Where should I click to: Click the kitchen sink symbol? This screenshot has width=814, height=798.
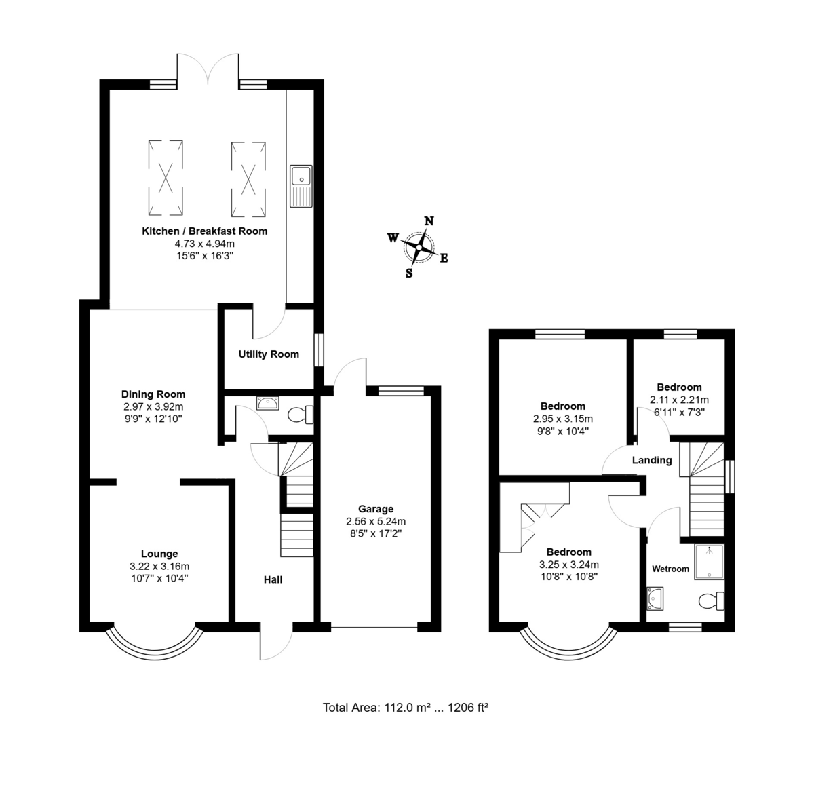point(301,186)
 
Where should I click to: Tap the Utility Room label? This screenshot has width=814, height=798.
point(269,354)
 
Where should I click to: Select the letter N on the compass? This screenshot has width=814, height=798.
point(429,221)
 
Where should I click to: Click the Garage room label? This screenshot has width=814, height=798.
point(376,509)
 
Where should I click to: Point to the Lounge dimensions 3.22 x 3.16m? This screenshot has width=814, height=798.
point(159,567)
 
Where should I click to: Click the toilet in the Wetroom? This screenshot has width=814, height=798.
point(712,601)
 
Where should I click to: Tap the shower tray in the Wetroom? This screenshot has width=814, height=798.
point(710,561)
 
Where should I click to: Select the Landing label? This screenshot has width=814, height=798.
point(652,460)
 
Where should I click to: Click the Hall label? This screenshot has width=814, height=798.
point(273,580)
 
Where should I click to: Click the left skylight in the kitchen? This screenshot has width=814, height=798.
point(166,178)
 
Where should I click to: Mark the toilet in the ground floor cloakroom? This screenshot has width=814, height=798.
point(301,415)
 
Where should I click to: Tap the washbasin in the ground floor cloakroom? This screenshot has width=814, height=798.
point(267,403)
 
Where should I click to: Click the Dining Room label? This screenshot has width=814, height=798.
point(153,394)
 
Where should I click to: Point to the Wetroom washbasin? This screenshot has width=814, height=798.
point(655,598)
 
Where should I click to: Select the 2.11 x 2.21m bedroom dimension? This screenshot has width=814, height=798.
point(679,400)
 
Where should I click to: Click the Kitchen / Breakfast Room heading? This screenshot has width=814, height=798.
point(204,231)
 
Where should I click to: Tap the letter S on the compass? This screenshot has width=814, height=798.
point(409,273)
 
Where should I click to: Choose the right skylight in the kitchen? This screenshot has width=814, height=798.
point(248,179)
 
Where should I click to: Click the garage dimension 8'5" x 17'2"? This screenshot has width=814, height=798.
point(376,533)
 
